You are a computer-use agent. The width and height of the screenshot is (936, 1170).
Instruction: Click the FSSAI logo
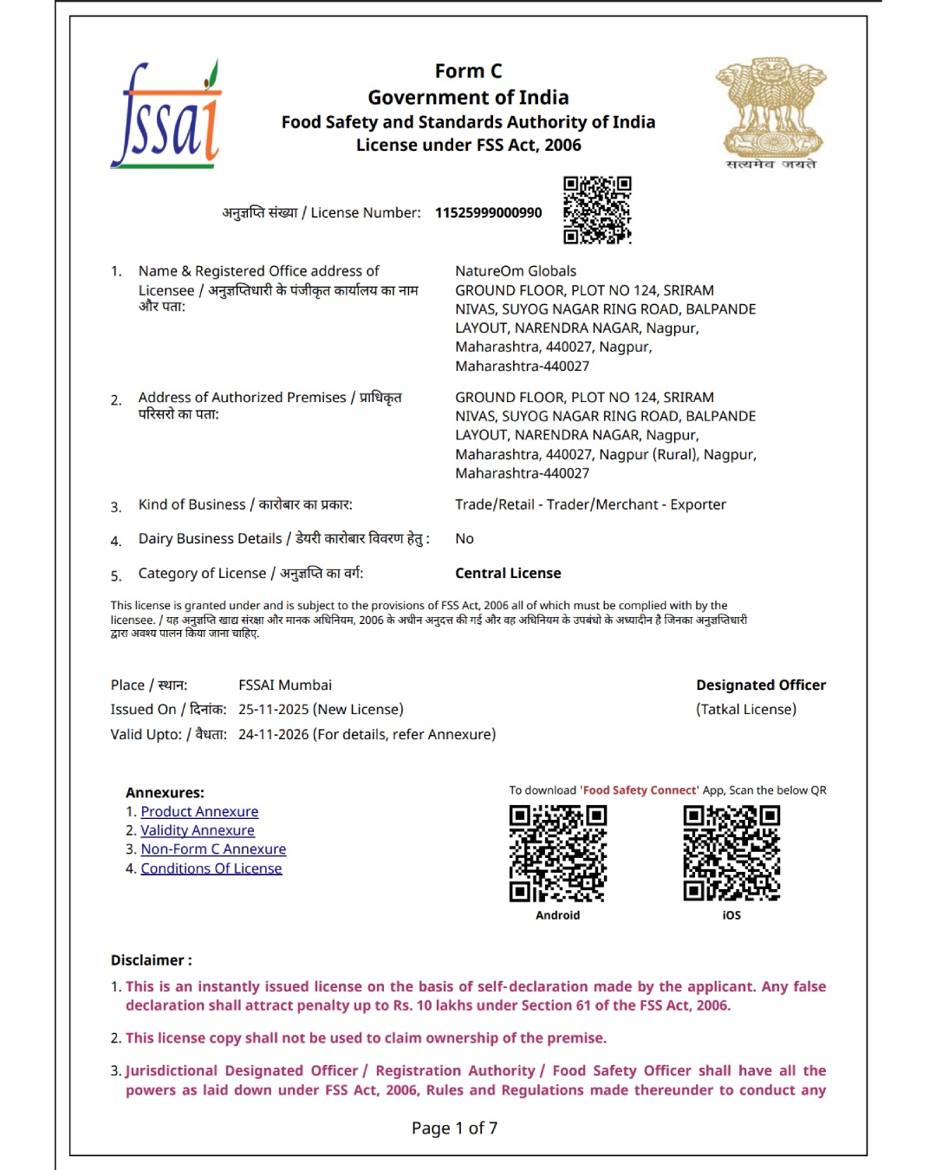pos(166,115)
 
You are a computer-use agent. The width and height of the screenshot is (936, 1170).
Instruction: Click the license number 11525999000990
pos(488,213)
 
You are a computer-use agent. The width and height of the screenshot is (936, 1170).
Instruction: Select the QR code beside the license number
pos(597,210)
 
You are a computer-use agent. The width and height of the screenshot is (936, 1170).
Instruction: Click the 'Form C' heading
pos(468,71)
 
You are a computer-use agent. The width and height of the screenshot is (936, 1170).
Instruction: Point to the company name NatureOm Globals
pos(516,271)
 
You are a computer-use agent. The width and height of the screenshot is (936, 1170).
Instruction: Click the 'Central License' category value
pos(508,574)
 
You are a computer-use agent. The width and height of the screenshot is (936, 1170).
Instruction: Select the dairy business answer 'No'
pos(465,539)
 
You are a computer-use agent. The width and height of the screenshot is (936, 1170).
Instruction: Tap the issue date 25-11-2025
pos(274,710)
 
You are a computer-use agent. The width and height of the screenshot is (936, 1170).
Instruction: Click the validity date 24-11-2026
pos(274,735)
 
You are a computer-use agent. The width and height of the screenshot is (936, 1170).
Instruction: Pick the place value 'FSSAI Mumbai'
pos(285,686)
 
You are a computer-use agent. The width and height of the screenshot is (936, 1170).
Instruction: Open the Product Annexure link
pos(199,812)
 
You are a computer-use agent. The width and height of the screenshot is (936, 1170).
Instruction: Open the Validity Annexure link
pos(198,831)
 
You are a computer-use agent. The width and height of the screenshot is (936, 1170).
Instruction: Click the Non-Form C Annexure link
pos(213,850)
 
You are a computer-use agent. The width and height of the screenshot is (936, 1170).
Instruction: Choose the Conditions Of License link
pos(211,869)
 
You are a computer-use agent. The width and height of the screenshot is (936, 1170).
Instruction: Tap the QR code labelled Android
pos(558,854)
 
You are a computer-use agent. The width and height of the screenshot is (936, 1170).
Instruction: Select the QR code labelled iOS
pos(731,854)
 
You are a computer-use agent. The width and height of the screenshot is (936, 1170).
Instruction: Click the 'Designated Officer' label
pos(761,686)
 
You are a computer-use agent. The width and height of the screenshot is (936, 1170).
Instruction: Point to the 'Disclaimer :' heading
pos(152,960)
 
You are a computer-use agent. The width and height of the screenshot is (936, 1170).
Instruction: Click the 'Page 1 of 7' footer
pos(454,1128)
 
